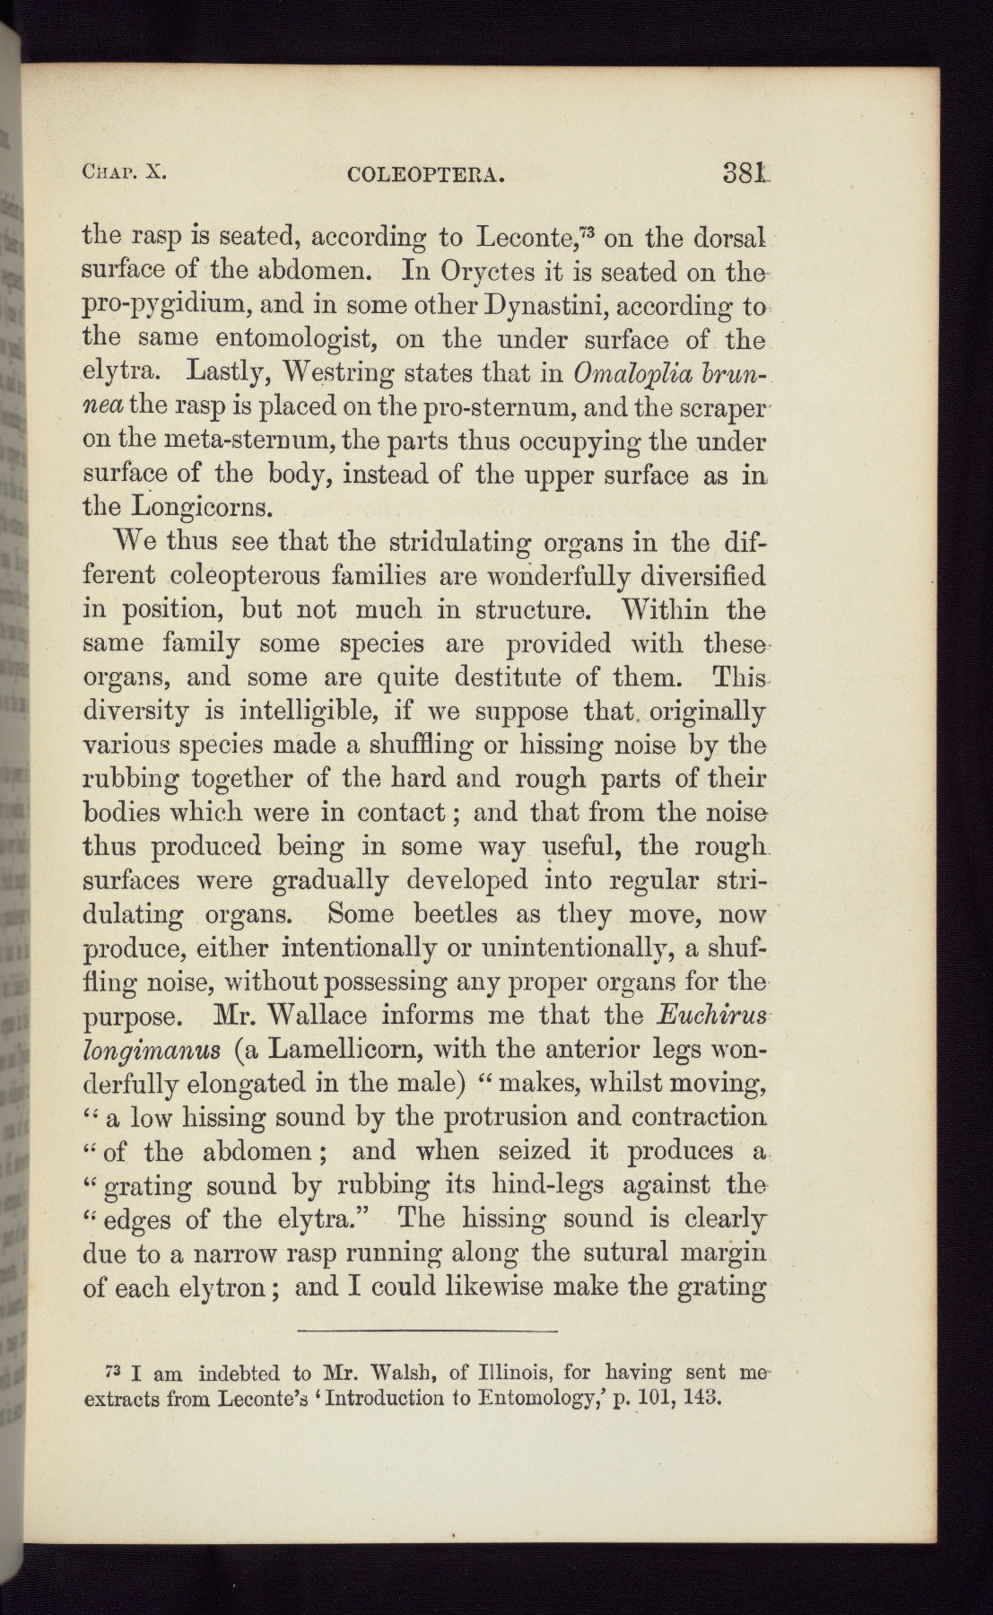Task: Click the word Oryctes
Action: pos(484,272)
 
